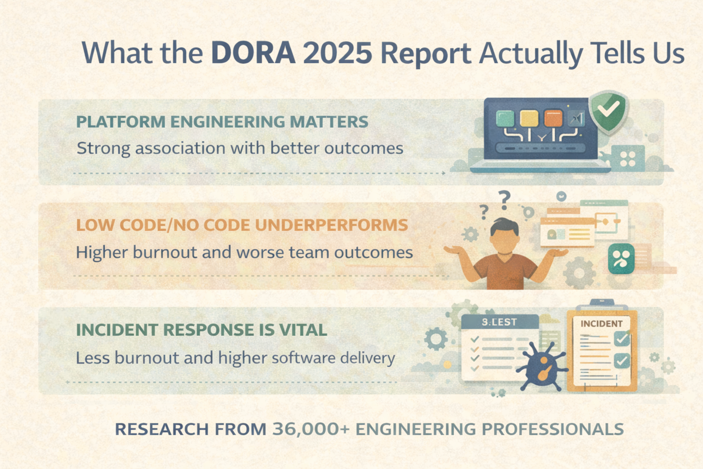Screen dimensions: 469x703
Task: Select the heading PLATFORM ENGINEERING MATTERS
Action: [223, 122]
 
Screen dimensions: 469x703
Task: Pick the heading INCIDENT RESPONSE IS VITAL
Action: [202, 329]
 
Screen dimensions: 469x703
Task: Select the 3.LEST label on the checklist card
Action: [497, 321]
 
